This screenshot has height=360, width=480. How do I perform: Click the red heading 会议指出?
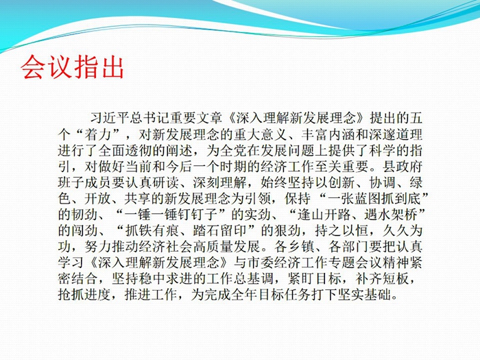(x=72, y=67)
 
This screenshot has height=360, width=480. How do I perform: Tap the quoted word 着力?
(x=97, y=134)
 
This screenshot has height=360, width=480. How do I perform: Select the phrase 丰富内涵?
(x=328, y=134)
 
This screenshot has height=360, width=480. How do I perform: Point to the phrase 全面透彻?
(x=125, y=151)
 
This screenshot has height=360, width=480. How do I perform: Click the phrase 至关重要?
(x=341, y=167)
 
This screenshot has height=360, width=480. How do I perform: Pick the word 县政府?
(x=403, y=167)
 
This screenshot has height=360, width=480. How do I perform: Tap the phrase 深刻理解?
(x=220, y=183)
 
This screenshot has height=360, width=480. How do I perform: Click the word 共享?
(x=137, y=199)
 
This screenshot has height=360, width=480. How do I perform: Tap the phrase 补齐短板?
(x=382, y=279)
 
